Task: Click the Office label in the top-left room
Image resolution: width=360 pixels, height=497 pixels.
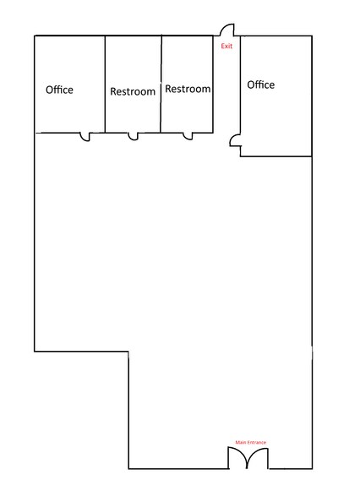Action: [x=59, y=90]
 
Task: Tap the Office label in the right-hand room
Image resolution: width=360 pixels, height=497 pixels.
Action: [x=260, y=85]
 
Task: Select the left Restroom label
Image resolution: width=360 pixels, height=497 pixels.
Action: [x=133, y=91]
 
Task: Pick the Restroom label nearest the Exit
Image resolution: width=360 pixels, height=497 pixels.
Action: [x=188, y=89]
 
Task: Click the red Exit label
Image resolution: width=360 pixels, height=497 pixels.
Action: [x=226, y=46]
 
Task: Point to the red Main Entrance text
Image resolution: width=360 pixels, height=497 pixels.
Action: [x=250, y=442]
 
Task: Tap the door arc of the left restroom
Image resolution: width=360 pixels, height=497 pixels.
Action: [x=133, y=136]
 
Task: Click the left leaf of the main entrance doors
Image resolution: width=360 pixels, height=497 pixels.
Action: [x=236, y=458]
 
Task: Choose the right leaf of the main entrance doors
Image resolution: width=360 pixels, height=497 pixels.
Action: [x=258, y=458]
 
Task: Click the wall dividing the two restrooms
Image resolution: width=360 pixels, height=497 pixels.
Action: [x=161, y=85]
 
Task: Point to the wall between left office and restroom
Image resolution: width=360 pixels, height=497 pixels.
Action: [x=105, y=85]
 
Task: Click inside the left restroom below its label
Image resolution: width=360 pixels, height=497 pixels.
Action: [x=133, y=114]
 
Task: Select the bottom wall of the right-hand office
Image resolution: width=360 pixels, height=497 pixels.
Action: [x=275, y=156]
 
